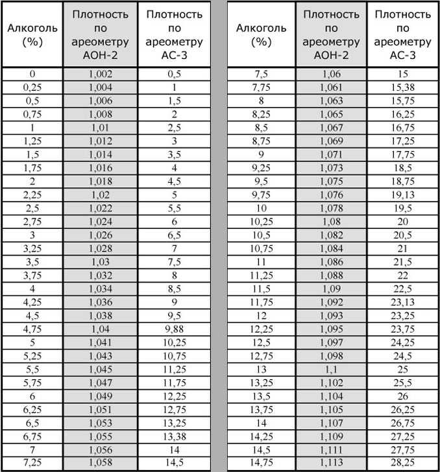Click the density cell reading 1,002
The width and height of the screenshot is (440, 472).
tap(101, 75)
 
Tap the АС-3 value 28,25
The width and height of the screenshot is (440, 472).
tap(402, 462)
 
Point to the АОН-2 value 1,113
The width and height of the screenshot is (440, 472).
tap(331, 462)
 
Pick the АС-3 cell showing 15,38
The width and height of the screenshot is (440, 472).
tap(402, 87)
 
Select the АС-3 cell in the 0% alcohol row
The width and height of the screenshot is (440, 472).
tap(175, 75)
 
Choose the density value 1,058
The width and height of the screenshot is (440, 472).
tap(101, 462)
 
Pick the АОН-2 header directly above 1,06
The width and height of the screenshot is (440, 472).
tap(331, 34)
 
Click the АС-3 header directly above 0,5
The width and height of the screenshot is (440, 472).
tap(175, 34)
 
